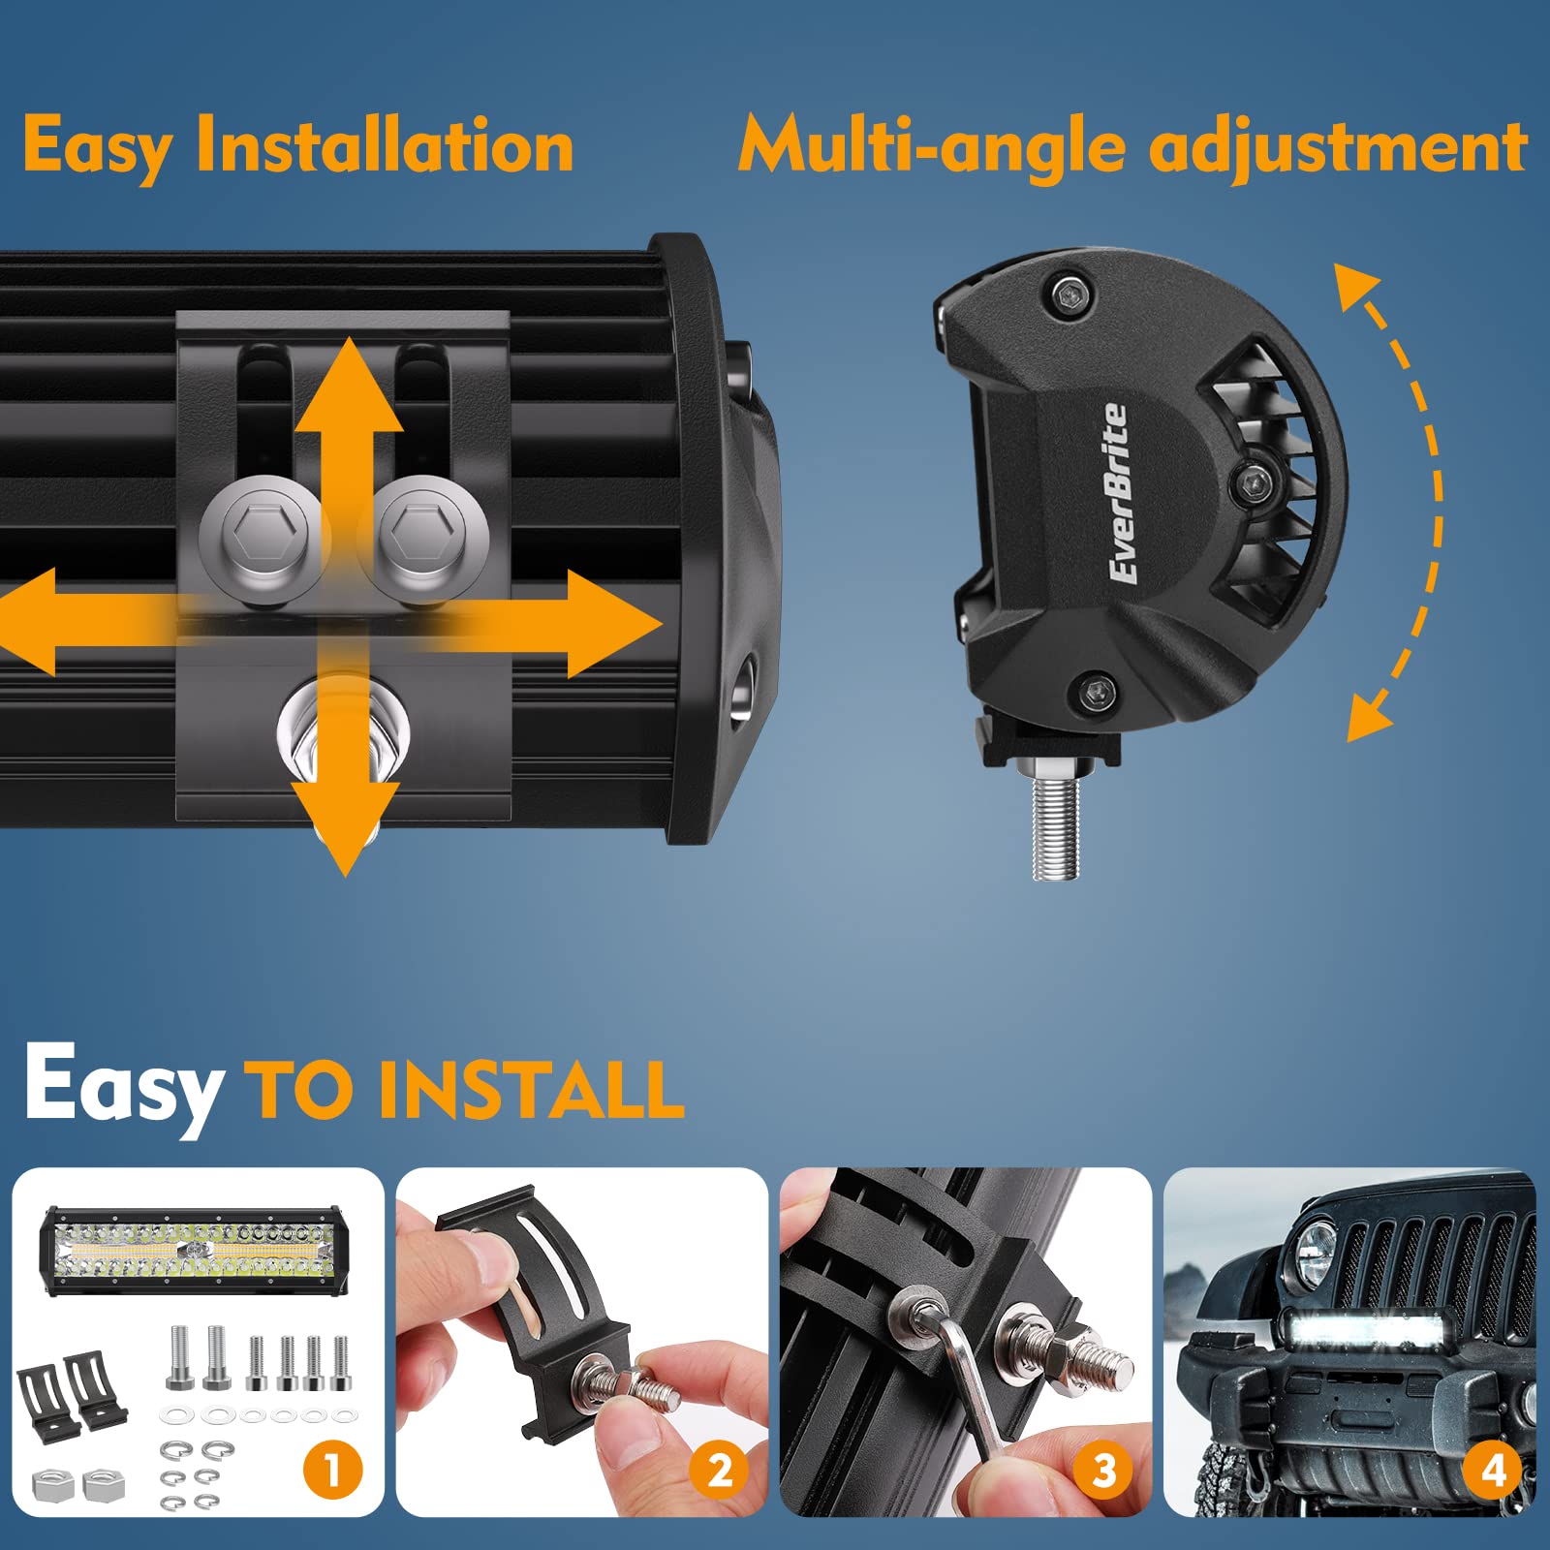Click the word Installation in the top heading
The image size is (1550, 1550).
click(385, 145)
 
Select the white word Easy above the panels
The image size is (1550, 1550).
click(123, 1085)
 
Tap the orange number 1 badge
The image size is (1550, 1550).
click(332, 1471)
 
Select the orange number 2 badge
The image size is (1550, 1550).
click(718, 1471)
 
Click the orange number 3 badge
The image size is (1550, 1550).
click(1103, 1471)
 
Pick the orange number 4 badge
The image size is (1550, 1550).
click(1493, 1471)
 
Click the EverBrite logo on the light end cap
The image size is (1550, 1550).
click(1119, 494)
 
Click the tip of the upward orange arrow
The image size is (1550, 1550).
click(349, 343)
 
